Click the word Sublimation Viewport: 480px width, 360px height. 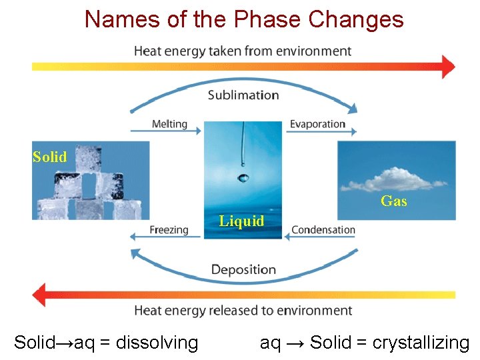tap(243, 95)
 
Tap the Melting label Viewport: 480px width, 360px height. tap(169, 124)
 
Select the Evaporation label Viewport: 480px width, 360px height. tap(317, 124)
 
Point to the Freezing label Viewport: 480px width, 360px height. tap(169, 230)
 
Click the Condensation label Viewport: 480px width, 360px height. tap(323, 230)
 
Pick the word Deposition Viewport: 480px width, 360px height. tap(243, 269)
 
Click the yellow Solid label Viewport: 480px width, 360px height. tap(50, 157)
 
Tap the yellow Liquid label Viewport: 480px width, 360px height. tap(241, 221)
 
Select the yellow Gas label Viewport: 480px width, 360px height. tap(393, 201)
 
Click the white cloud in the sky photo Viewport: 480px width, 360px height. tap(397, 179)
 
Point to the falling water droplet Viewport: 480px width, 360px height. tap(242, 178)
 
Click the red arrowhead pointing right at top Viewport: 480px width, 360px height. tap(448, 67)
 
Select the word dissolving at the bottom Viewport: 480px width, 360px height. tap(157, 343)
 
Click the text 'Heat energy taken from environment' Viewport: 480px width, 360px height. tap(243, 51)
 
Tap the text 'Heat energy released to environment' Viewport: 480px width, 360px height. tap(243, 311)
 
